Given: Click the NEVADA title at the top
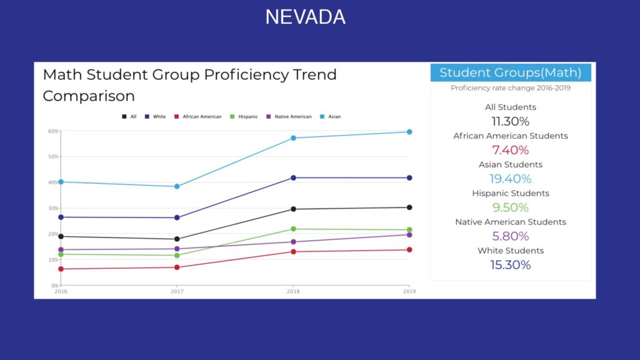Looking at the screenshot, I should pyautogui.click(x=305, y=17).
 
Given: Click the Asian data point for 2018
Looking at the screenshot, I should pyautogui.click(x=293, y=138).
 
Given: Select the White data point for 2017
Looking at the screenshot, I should pyautogui.click(x=177, y=217).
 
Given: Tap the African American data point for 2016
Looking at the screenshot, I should pyautogui.click(x=61, y=269).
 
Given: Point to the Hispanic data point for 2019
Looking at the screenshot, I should pyautogui.click(x=409, y=230).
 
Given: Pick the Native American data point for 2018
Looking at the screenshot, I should pyautogui.click(x=293, y=242).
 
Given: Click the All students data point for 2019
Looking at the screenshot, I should pyautogui.click(x=409, y=207).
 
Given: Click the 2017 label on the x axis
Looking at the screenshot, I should pyautogui.click(x=177, y=291).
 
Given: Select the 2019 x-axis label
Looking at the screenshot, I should pyautogui.click(x=409, y=291).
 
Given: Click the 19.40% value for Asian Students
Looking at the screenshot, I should pyautogui.click(x=510, y=179).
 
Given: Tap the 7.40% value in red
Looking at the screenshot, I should pyautogui.click(x=510, y=150).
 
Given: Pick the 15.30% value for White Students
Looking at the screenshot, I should pyautogui.click(x=510, y=265).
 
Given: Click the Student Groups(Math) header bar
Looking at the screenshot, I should pyautogui.click(x=510, y=72).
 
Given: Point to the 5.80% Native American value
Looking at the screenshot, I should pyautogui.click(x=510, y=236).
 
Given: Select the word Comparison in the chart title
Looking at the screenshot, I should pyautogui.click(x=89, y=96).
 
